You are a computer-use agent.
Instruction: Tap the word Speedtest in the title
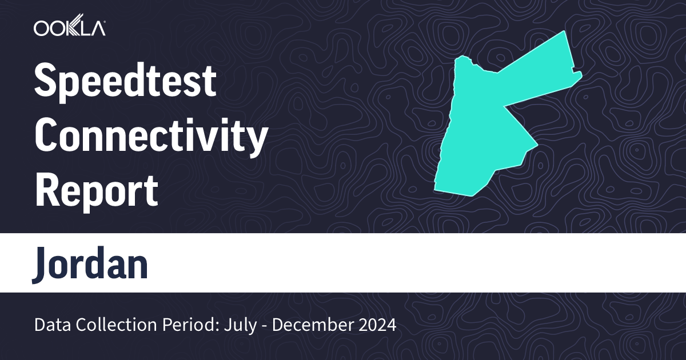125,81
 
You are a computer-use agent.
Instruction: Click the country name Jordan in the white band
90,264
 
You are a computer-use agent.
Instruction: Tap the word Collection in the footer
109,325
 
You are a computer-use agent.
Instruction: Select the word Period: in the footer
181,325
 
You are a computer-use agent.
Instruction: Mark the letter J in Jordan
42,264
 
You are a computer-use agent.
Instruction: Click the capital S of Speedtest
46,81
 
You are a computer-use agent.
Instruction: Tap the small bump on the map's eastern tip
579,75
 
